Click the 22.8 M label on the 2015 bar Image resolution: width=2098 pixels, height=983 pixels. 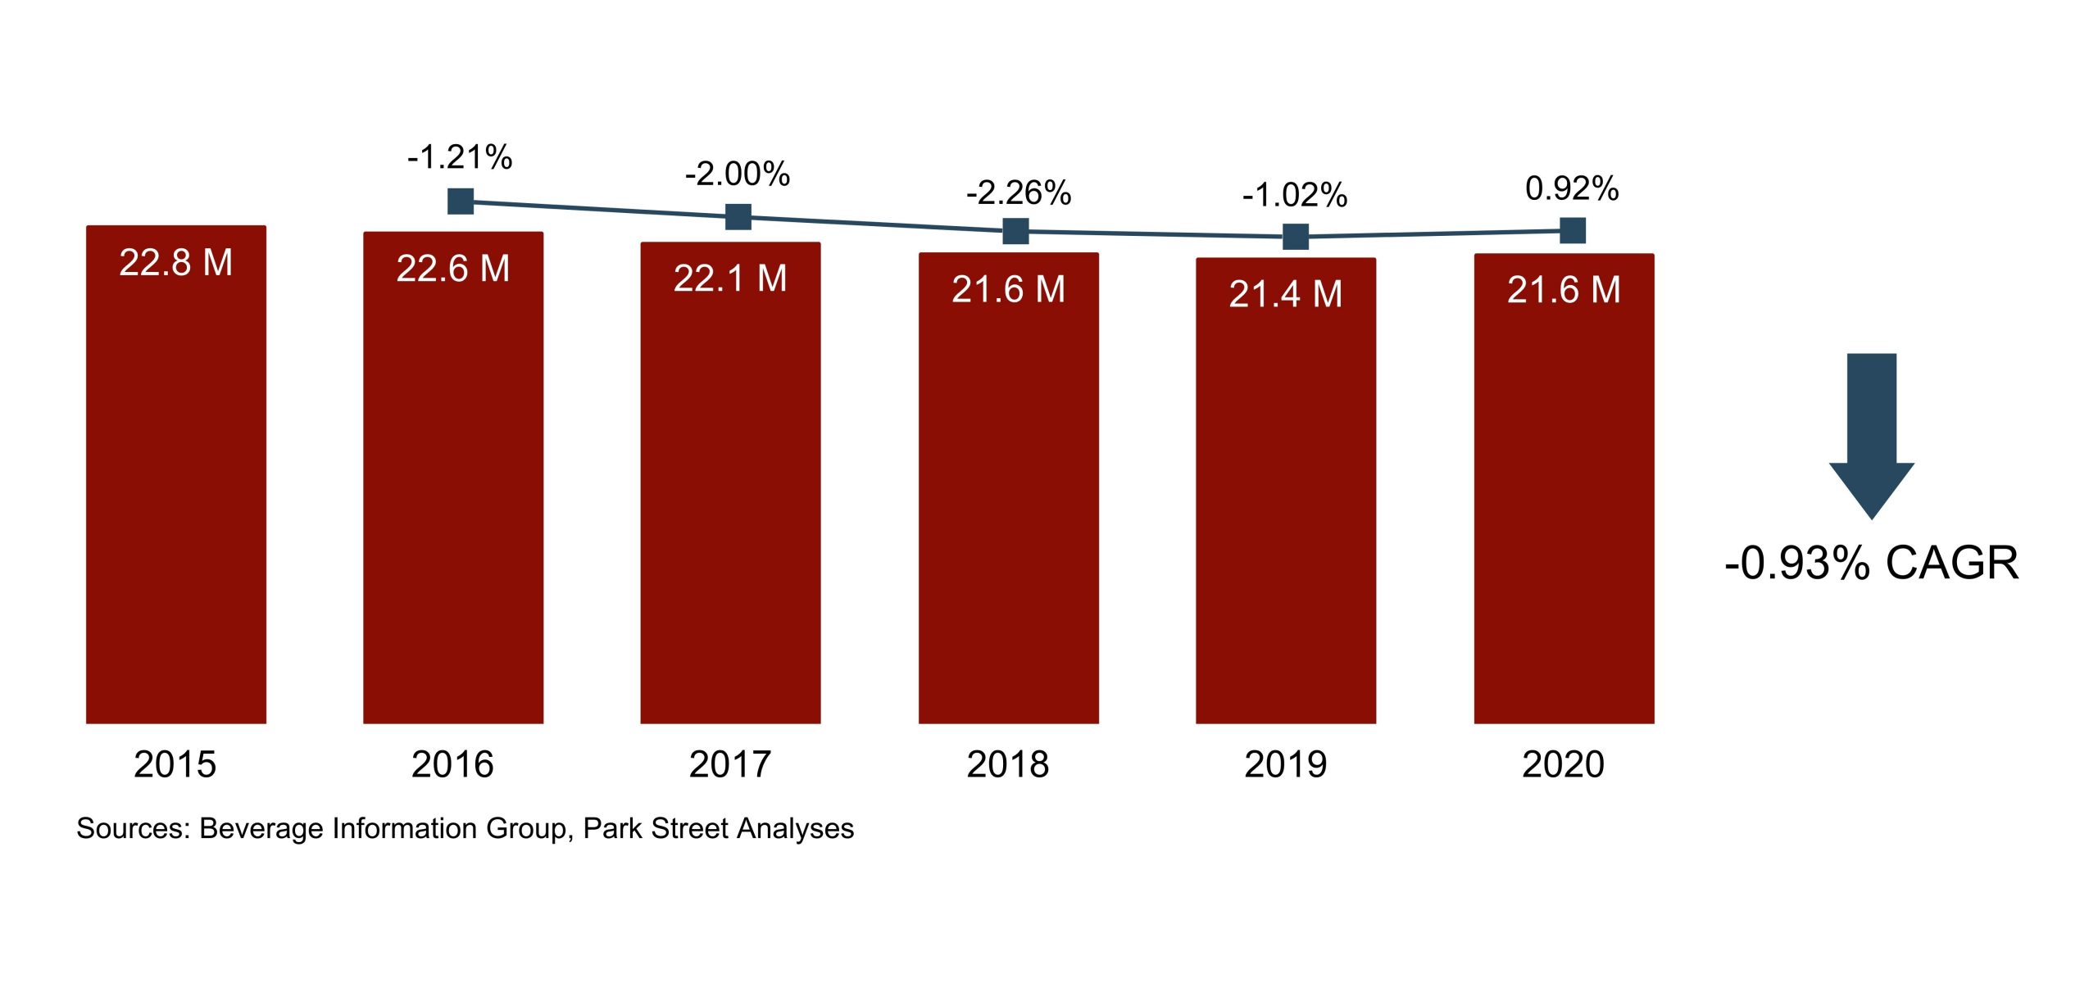tap(175, 263)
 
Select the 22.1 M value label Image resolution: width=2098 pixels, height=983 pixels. tap(730, 279)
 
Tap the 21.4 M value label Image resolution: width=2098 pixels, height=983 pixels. tap(1285, 294)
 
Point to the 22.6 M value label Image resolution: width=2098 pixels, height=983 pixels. tap(453, 269)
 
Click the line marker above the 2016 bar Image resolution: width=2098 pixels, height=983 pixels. tap(461, 201)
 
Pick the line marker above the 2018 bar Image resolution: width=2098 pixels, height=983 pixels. tap(1015, 231)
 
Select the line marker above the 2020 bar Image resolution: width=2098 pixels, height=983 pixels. tap(1572, 230)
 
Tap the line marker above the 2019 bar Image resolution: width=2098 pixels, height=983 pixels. tap(1295, 237)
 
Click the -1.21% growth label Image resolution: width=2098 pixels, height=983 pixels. tap(460, 157)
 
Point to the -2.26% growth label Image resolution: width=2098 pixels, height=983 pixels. tap(1019, 193)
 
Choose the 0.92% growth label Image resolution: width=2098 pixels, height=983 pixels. tap(1571, 188)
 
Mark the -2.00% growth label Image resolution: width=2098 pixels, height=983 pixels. tap(738, 174)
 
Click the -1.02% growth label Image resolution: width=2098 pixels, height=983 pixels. tap(1295, 195)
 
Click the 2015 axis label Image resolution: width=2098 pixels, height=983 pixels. tap(175, 764)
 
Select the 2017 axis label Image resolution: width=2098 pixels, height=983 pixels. tap(730, 764)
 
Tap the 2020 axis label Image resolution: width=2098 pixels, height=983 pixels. tap(1563, 764)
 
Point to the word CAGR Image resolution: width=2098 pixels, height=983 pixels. tap(1951, 564)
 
